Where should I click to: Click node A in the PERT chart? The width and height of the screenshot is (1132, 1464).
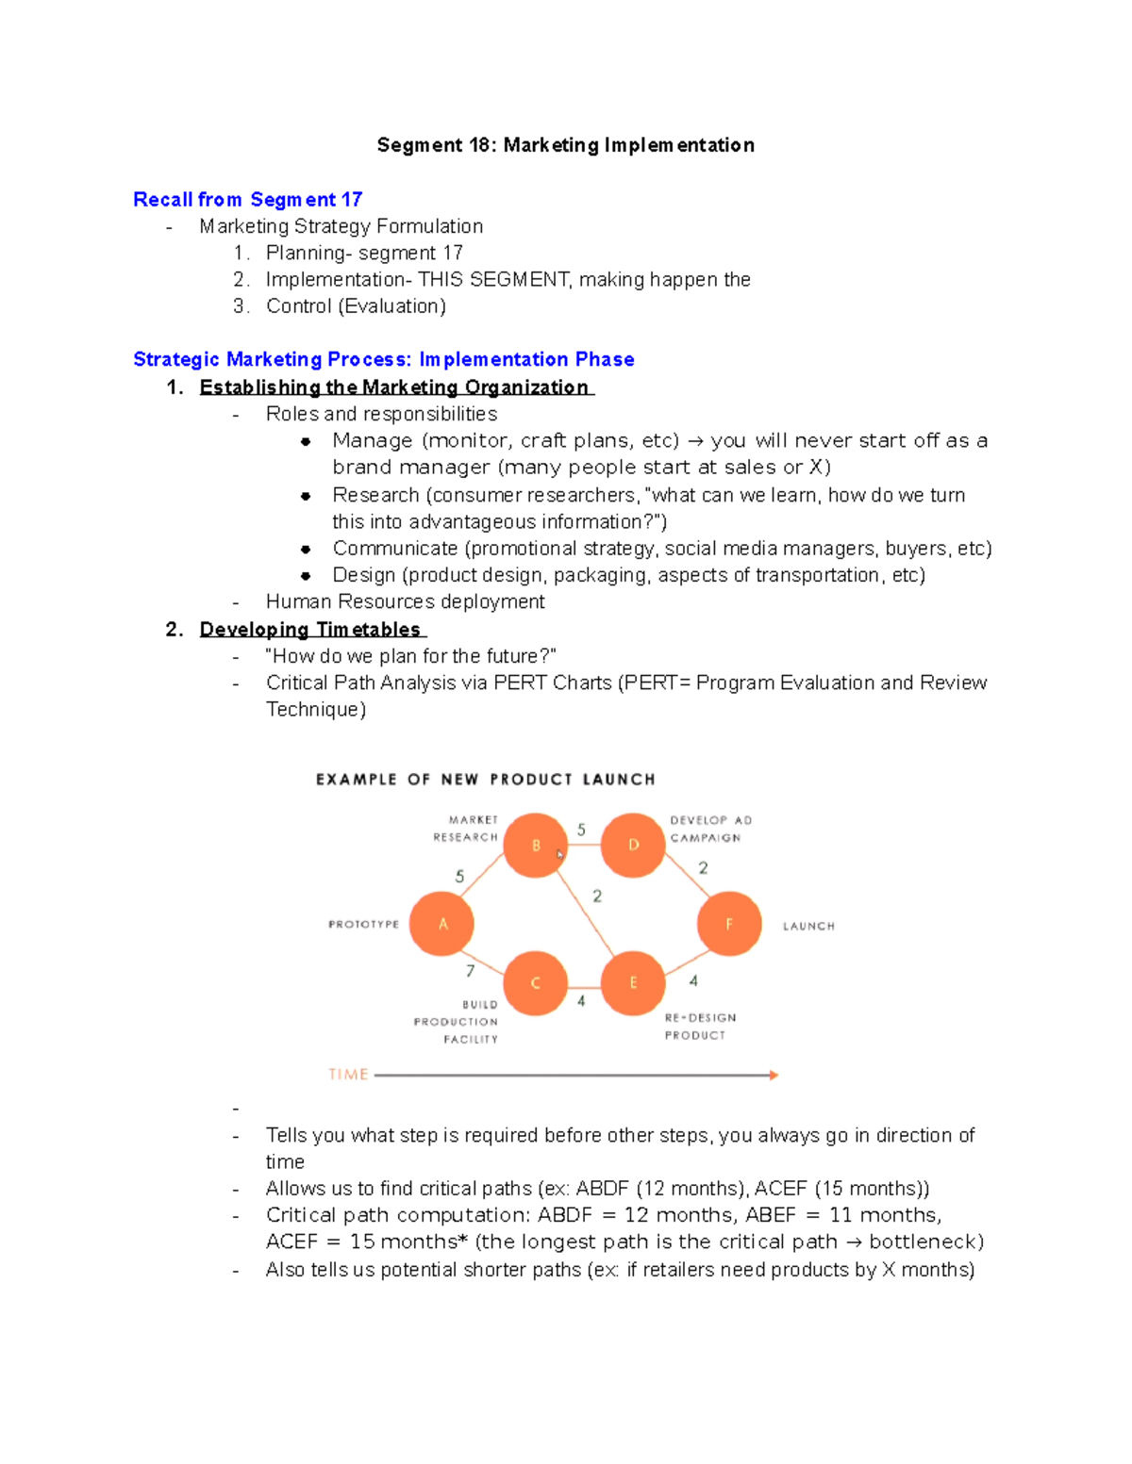[442, 924]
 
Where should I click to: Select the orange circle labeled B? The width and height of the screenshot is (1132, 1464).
[535, 845]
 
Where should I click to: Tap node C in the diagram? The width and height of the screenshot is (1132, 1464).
[535, 982]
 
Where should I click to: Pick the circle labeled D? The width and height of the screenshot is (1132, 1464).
[633, 845]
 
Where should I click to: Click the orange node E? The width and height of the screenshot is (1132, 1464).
[633, 982]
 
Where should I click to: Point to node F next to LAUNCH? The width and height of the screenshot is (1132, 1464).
[728, 924]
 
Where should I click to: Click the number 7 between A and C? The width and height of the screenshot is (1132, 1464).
[470, 970]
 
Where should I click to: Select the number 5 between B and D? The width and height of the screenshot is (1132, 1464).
[581, 830]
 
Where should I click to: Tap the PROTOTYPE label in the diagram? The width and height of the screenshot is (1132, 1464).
[363, 924]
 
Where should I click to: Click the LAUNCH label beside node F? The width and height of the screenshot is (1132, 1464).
[808, 926]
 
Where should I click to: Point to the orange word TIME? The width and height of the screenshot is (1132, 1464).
[348, 1075]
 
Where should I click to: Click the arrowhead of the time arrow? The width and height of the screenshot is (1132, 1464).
[774, 1075]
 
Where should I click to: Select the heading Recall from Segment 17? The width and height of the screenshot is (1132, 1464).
[247, 199]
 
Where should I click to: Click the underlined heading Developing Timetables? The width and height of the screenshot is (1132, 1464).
[310, 629]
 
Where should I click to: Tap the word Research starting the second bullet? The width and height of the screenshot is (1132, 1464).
[375, 495]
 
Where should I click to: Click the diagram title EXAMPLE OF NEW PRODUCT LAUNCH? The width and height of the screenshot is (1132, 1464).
[485, 780]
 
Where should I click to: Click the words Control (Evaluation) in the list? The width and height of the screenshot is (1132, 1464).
[356, 305]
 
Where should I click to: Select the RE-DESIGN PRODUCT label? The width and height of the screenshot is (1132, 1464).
[699, 1027]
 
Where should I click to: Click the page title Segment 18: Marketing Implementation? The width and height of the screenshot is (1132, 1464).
[565, 145]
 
